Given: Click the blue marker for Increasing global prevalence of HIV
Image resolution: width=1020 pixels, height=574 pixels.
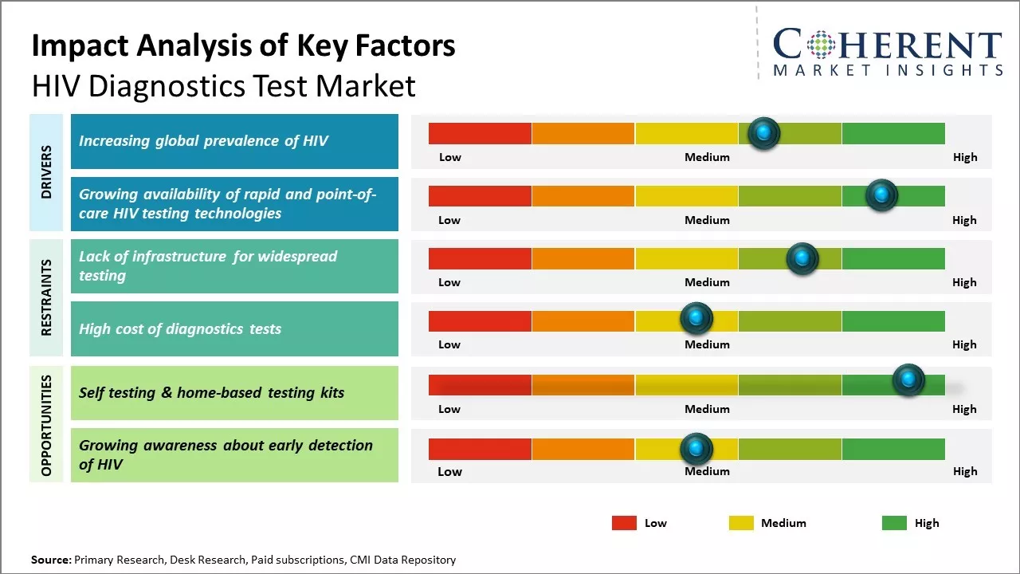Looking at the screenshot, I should pyautogui.click(x=764, y=133).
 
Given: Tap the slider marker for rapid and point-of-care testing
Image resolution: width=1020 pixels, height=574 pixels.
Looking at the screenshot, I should pyautogui.click(x=881, y=195).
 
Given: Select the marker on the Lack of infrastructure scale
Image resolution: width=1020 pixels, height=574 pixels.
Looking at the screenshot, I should pyautogui.click(x=802, y=258).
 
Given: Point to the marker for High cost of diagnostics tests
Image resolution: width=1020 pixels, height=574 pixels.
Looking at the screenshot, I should pyautogui.click(x=696, y=319).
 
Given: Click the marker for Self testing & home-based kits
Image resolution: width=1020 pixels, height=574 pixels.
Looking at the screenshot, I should pyautogui.click(x=908, y=380).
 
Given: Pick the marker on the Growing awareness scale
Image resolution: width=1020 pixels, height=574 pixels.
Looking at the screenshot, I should pyautogui.click(x=696, y=449).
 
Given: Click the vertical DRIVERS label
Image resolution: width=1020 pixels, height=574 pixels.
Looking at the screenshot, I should pyautogui.click(x=46, y=171).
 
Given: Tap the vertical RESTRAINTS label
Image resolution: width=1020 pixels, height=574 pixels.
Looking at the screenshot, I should pyautogui.click(x=46, y=297).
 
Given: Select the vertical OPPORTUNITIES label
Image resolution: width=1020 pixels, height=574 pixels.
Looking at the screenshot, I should pyautogui.click(x=46, y=426).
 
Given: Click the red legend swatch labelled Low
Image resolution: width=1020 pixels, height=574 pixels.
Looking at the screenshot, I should pyautogui.click(x=624, y=523).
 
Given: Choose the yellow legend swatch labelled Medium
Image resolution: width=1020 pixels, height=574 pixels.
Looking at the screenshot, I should pyautogui.click(x=741, y=523).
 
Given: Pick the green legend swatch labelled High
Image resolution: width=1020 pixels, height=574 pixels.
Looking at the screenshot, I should pyautogui.click(x=894, y=523).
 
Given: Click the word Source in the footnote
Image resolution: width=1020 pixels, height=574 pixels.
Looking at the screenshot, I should pyautogui.click(x=50, y=560).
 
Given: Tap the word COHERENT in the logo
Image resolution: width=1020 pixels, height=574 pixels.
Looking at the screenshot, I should pyautogui.click(x=887, y=45).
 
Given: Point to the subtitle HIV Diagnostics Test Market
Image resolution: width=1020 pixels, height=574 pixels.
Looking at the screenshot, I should pyautogui.click(x=223, y=86).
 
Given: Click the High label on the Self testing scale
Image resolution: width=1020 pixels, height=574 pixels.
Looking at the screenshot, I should pyautogui.click(x=964, y=409).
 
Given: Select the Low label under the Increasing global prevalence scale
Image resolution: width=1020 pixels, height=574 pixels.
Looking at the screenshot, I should pyautogui.click(x=450, y=157).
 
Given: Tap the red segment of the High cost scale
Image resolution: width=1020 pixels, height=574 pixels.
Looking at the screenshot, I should pyautogui.click(x=480, y=321).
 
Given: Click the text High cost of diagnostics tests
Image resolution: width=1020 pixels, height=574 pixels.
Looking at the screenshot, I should pyautogui.click(x=180, y=329).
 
